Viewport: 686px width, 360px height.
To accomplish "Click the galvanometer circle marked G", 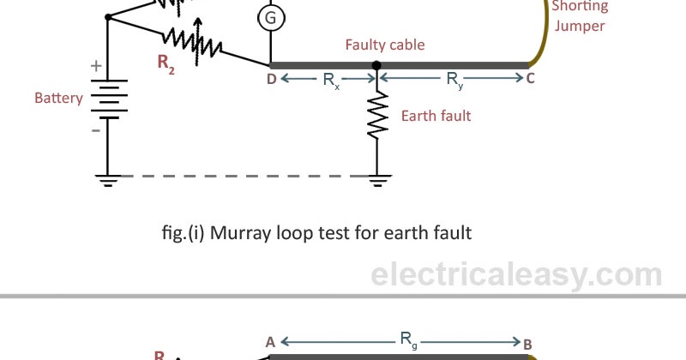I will [x=270, y=17].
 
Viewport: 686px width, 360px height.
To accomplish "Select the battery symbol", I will [x=107, y=99].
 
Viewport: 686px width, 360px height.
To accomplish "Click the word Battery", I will [x=59, y=98].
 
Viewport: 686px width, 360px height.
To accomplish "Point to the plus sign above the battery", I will [x=96, y=66].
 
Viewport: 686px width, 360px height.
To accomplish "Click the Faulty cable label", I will [x=385, y=45].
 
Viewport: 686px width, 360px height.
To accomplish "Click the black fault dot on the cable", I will [x=376, y=65].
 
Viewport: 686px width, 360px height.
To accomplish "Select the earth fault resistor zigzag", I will [x=376, y=116].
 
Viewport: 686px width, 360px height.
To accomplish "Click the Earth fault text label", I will [x=436, y=116].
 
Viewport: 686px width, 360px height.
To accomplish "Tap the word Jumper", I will [x=580, y=26].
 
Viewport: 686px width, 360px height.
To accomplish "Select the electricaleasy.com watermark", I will [x=516, y=274].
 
